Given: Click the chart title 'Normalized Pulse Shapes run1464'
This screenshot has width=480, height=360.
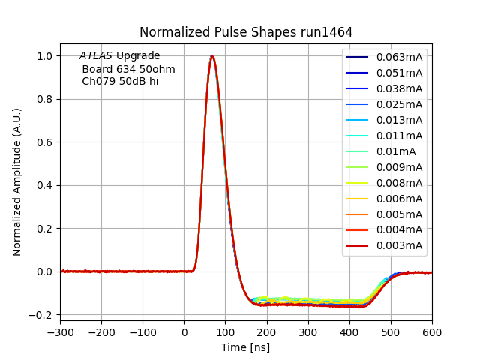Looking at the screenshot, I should coord(246,32).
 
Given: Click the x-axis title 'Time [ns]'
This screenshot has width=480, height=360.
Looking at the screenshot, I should coord(245,347).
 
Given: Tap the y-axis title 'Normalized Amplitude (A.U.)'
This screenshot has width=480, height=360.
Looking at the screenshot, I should coord(17,181).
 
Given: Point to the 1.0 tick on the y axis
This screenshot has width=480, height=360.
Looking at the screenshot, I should coord(46,56).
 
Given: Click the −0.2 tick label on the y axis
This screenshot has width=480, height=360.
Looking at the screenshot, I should coord(43,315).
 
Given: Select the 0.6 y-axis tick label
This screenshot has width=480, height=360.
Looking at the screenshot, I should coord(46,142).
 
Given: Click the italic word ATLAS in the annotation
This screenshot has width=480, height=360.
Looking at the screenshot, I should coord(96,56).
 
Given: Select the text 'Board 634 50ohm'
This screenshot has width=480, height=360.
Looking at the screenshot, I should coord(128,69).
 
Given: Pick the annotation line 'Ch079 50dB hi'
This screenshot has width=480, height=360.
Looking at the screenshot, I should coord(120,81).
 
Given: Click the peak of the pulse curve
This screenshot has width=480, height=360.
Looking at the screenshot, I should coord(212,56).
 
